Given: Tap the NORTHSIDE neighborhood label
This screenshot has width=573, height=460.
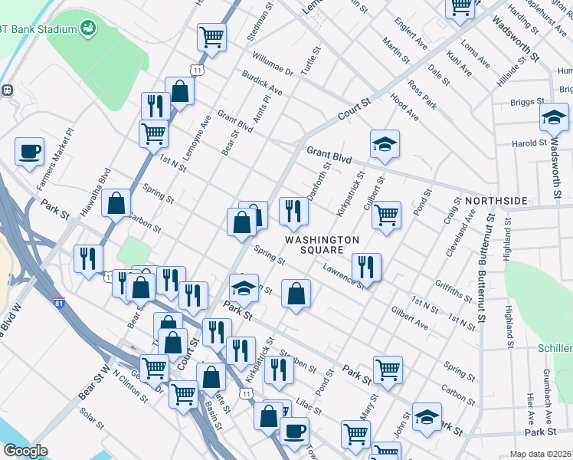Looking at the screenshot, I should (496, 201).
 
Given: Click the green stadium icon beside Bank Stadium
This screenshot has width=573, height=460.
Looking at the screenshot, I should (90, 29).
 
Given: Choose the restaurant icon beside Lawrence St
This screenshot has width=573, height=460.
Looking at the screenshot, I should (366, 266).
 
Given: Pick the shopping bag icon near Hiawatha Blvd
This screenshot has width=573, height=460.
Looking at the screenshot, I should (116, 204).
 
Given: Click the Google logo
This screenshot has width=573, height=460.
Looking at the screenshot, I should (26, 450).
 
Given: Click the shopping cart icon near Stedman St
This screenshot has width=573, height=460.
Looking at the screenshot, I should (211, 36).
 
